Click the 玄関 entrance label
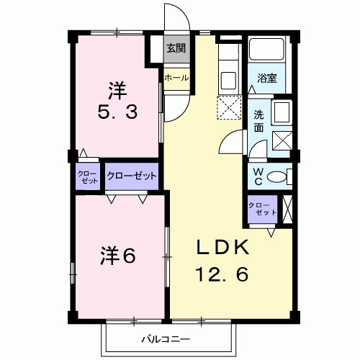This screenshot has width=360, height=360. [176, 49]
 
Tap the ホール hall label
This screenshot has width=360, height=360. [176, 78]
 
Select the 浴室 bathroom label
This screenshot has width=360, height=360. [268, 78]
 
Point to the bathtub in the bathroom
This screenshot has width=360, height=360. [267, 50]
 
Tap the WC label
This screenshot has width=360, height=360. [258, 176]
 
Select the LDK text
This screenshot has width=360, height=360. [223, 248]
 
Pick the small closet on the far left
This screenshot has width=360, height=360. [89, 177]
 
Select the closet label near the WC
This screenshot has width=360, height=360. [261, 210]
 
